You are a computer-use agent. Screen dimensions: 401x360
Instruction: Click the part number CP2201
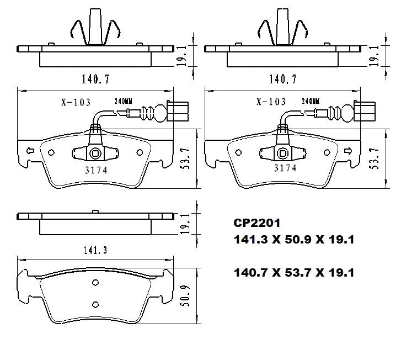pos(257,223)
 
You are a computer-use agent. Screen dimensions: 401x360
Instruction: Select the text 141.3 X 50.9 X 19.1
pos(294,240)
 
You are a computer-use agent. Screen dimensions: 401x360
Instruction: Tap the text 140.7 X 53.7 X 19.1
pos(294,272)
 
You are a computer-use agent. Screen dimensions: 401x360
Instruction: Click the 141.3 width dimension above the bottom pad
pos(95,250)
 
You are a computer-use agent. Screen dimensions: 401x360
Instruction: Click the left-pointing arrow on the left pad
pos(30,151)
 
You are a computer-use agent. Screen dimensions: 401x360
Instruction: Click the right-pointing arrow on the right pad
pos(348,151)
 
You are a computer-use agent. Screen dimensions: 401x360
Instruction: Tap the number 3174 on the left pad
pos(96,170)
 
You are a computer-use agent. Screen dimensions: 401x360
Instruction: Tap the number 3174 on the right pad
pos(285,168)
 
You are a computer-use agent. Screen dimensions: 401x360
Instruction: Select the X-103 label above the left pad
pos(76,102)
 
